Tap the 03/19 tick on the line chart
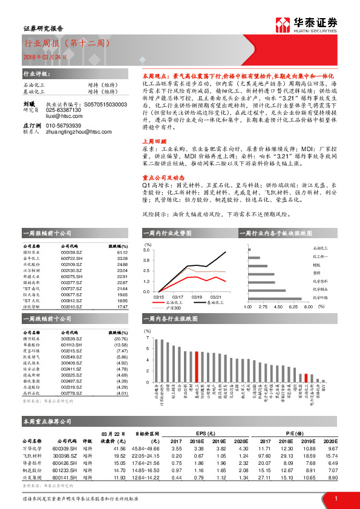tap(197, 296)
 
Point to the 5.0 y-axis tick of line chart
tap(146, 249)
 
